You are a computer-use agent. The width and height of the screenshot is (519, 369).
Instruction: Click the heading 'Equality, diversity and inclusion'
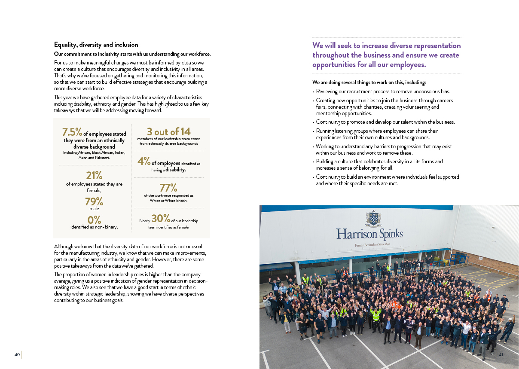pyautogui.click(x=96, y=45)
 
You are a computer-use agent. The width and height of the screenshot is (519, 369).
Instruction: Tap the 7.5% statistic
pyautogui.click(x=72, y=132)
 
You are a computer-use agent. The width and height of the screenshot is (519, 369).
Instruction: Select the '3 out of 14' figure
pyautogui.click(x=168, y=131)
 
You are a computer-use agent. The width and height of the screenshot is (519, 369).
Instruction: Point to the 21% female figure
pyautogui.click(x=94, y=175)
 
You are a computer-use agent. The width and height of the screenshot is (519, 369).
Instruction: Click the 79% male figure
pyautogui.click(x=94, y=201)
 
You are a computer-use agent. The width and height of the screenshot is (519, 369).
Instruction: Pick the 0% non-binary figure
pyautogui.click(x=94, y=220)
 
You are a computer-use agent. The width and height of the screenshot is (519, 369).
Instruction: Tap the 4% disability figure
pyautogui.click(x=144, y=162)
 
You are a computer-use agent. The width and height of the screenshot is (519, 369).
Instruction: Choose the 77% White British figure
pyautogui.click(x=168, y=188)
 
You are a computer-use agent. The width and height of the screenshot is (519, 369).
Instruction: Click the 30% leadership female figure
pyautogui.click(x=161, y=218)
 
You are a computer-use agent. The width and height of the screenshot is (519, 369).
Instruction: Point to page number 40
pyautogui.click(x=17, y=354)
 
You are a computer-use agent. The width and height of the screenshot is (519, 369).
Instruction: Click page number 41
pyautogui.click(x=501, y=354)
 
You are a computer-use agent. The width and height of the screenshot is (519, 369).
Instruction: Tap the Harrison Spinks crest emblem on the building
pyautogui.click(x=373, y=218)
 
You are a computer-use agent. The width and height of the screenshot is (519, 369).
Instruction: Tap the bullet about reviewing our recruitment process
pyautogui.click(x=383, y=91)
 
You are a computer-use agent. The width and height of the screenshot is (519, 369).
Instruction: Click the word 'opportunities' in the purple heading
pyautogui.click(x=334, y=65)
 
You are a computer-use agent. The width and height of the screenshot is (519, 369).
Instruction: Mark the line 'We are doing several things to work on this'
pyautogui.click(x=369, y=82)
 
